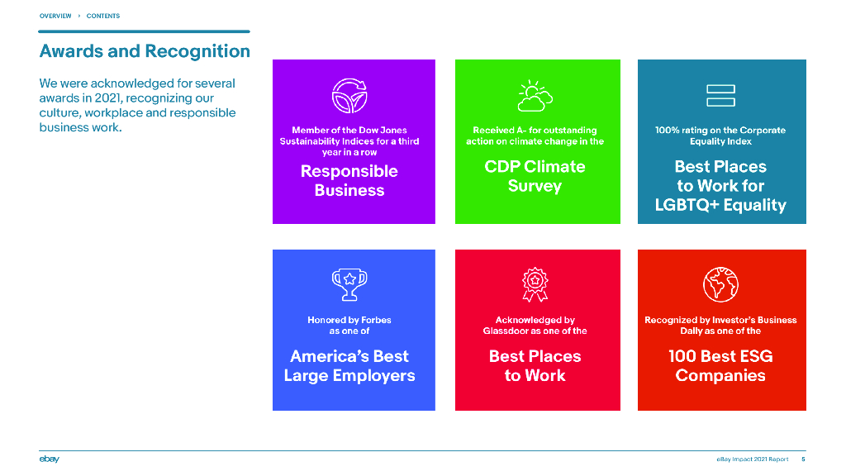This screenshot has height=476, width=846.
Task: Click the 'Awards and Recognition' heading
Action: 145,50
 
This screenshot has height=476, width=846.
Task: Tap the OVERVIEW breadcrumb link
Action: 55,16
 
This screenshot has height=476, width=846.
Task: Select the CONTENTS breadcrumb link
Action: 103,16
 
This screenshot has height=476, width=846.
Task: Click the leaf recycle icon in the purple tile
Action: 349,96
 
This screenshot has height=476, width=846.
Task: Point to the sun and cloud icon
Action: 535,96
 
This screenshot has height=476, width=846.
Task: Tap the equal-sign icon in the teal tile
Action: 720,96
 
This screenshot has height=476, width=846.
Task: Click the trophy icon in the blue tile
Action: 349,284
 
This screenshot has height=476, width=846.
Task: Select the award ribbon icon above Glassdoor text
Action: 535,284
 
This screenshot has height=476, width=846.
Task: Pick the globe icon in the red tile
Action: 720,284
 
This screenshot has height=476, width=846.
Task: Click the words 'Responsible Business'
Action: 349,181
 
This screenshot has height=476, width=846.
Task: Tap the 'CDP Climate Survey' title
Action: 535,176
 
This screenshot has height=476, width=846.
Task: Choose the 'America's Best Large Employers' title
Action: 349,366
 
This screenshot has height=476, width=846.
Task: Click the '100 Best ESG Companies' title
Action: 720,366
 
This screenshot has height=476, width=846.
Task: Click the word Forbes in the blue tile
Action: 376,320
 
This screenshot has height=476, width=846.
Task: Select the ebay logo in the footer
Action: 49,459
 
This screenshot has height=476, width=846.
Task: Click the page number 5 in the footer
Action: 803,459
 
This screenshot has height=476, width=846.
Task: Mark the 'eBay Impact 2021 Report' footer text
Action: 753,459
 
